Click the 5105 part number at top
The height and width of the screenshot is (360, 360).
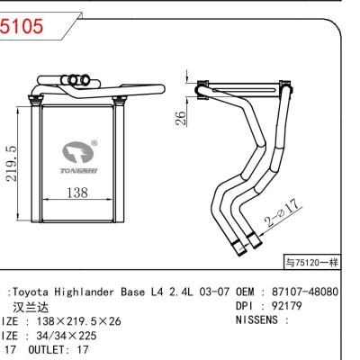(21, 26)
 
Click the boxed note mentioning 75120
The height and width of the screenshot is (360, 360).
(312, 264)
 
